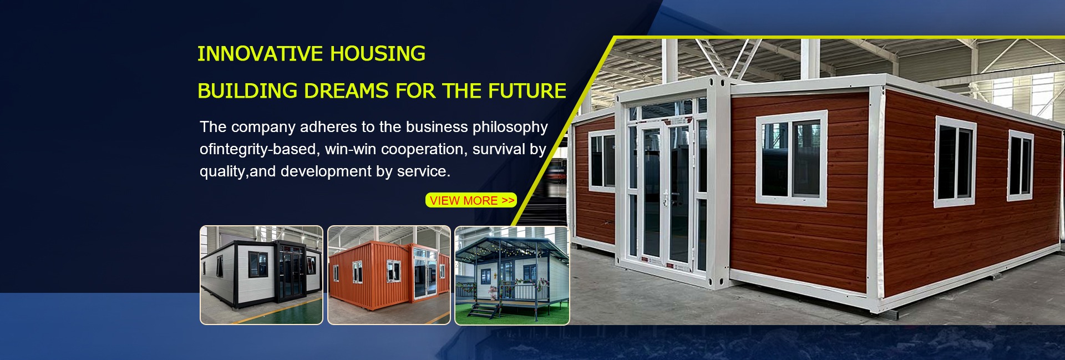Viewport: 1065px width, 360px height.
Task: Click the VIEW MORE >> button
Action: tap(471, 200)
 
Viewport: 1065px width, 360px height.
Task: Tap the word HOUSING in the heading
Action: tap(378, 54)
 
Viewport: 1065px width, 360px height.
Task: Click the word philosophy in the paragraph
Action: tap(510, 128)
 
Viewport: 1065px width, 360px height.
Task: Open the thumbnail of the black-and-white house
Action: tap(261, 275)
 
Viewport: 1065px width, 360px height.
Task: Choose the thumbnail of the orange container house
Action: tap(389, 275)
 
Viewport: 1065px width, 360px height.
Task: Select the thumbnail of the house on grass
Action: tap(512, 275)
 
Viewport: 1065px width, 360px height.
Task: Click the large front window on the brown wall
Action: tap(792, 158)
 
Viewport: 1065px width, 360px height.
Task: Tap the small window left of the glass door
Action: tap(602, 160)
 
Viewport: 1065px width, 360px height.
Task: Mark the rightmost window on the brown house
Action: tap(1021, 165)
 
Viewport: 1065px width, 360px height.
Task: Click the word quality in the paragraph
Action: tap(222, 172)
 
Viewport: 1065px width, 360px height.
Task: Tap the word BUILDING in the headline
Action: tap(247, 91)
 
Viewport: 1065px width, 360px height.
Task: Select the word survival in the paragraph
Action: tap(499, 149)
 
